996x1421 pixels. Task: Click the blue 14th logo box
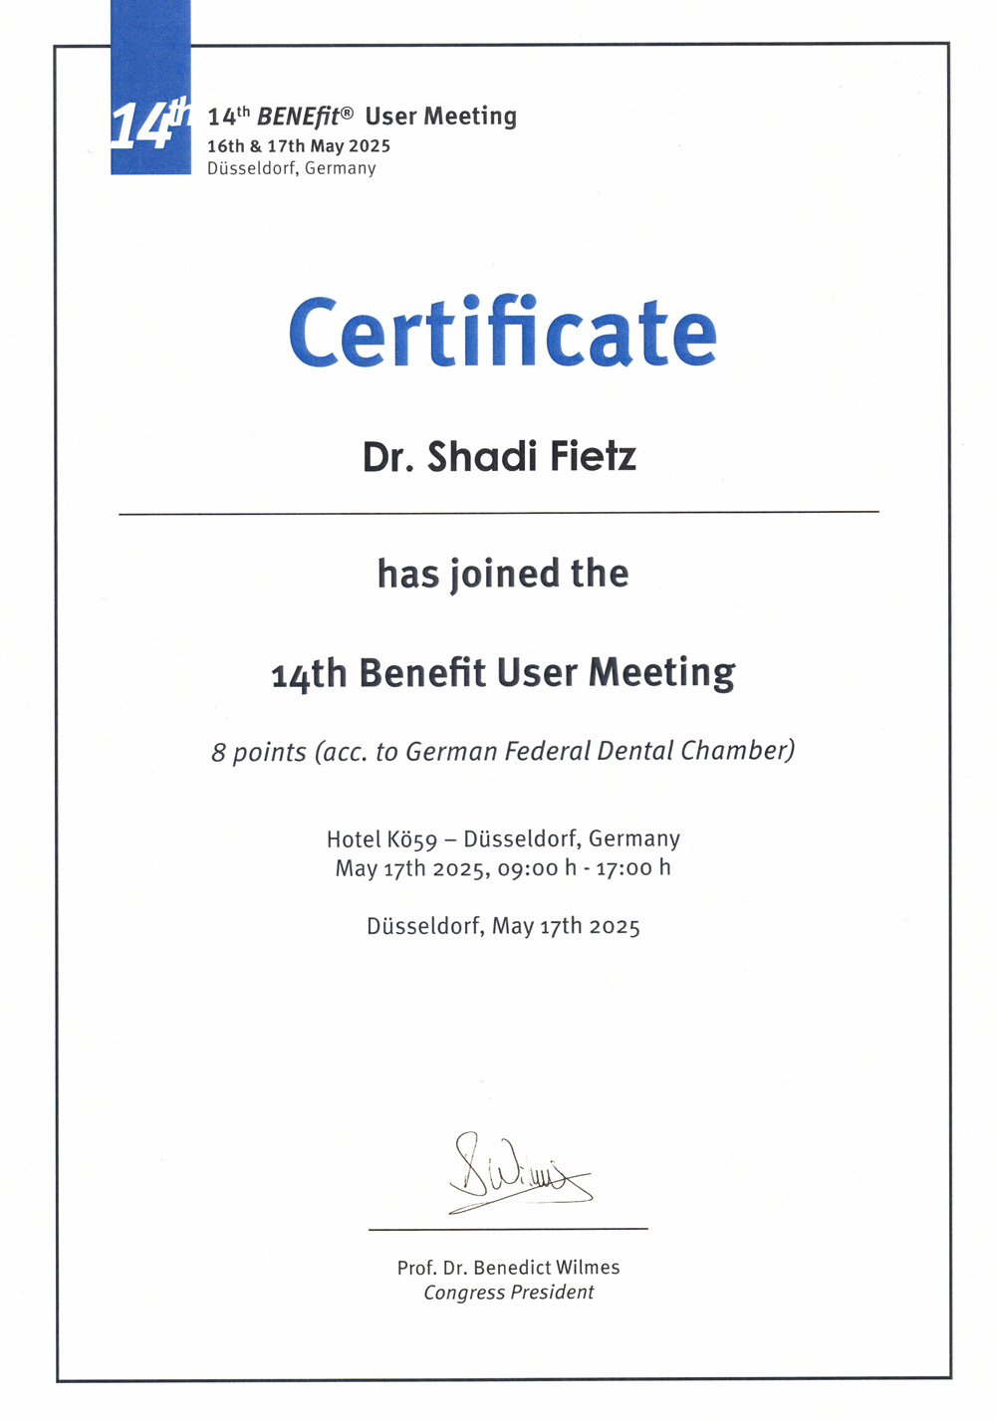pos(150,119)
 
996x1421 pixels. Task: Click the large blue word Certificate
pos(502,333)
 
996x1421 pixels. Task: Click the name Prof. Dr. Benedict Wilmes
pos(508,1268)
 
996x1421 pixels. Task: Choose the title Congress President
pos(508,1293)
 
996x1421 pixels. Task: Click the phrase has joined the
pos(502,574)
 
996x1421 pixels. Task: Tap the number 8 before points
pos(218,753)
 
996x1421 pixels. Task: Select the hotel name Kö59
pos(411,839)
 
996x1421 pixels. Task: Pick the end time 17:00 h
pos(633,868)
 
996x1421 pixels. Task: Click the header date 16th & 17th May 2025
pos(299,146)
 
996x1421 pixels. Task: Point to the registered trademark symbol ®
pos(347,114)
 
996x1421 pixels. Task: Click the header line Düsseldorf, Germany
pos(292,168)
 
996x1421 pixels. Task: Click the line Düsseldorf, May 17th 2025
pos(503,926)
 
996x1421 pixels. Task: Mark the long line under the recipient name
pos(498,513)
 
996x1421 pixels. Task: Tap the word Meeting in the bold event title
pos(661,674)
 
